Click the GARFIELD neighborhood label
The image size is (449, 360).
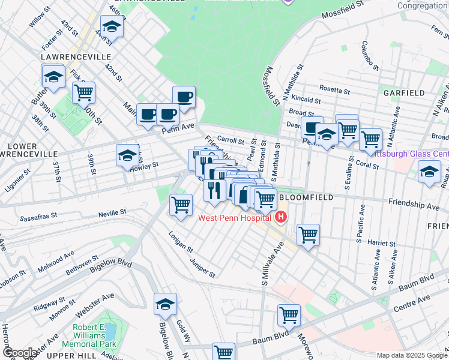(x=404, y=93)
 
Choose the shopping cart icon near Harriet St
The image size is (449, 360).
(x=308, y=235)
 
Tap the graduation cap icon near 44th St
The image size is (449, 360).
(x=111, y=26)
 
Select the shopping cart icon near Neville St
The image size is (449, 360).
(x=181, y=204)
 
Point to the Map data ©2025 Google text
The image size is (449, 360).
(x=412, y=355)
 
